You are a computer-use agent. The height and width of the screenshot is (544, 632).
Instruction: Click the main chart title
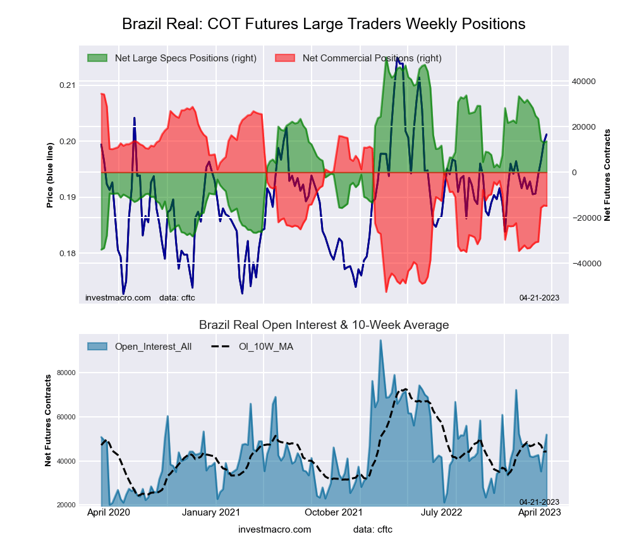click(324, 24)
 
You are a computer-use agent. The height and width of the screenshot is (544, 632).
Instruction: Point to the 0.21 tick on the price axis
click(68, 85)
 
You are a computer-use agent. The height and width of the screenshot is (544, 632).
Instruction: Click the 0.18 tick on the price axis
click(68, 254)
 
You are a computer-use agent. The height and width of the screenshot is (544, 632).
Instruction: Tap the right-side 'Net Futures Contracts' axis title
click(608, 175)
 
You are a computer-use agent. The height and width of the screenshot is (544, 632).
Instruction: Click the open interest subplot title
click(324, 325)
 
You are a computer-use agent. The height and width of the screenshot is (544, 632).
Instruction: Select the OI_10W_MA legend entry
click(265, 347)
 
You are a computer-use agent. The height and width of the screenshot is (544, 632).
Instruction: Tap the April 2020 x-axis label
click(108, 512)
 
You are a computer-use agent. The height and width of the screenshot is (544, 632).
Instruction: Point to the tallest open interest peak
click(380, 341)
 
